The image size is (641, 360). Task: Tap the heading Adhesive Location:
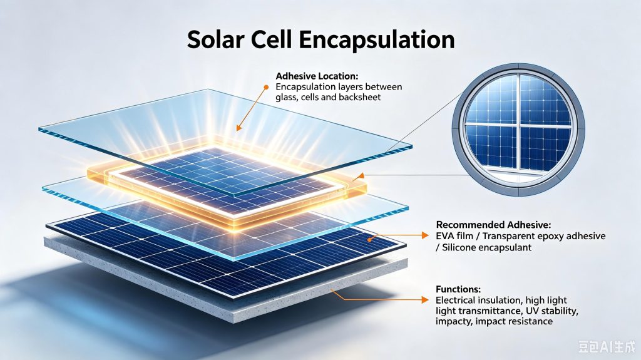click(x=317, y=76)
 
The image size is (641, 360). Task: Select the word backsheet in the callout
click(x=360, y=98)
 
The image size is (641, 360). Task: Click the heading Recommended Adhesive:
click(x=493, y=225)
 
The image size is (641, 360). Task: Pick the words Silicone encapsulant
click(x=487, y=247)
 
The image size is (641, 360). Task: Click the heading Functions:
click(x=458, y=289)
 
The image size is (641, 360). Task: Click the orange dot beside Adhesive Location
click(x=266, y=87)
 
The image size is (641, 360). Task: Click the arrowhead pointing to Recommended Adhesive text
click(x=425, y=235)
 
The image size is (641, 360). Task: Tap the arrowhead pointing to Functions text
click(x=425, y=300)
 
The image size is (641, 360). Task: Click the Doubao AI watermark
click(x=607, y=346)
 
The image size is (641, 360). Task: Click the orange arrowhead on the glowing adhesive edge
click(x=360, y=177)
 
